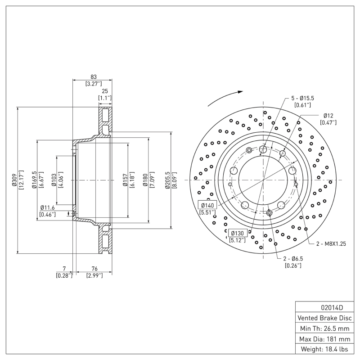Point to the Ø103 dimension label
pos(54,180)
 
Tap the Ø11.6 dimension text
pos(47,207)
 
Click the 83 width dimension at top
pos(93,77)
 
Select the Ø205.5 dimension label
pos(167,180)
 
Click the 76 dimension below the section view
pos(94,269)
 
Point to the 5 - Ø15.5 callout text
pos(302,98)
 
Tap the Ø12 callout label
pos(328,116)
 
